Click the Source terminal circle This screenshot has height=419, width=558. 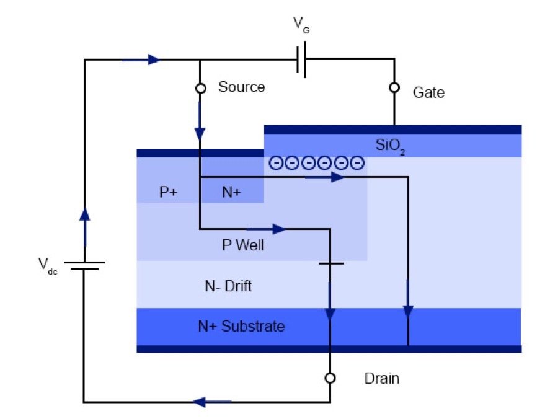[200, 89]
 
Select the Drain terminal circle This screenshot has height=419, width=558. [330, 378]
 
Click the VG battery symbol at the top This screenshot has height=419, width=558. [301, 61]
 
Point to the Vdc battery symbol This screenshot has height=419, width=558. [84, 266]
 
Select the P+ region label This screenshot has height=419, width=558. [168, 193]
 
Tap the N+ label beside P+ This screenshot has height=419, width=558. [232, 193]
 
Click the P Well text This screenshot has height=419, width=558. [243, 245]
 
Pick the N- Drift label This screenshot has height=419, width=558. [229, 286]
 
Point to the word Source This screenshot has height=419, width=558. [241, 87]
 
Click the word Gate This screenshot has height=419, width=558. [428, 92]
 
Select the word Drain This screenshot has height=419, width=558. [381, 379]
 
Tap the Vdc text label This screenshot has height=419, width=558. [47, 267]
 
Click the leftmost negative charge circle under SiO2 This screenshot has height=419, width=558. [275, 164]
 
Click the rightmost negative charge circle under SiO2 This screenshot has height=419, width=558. [356, 164]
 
